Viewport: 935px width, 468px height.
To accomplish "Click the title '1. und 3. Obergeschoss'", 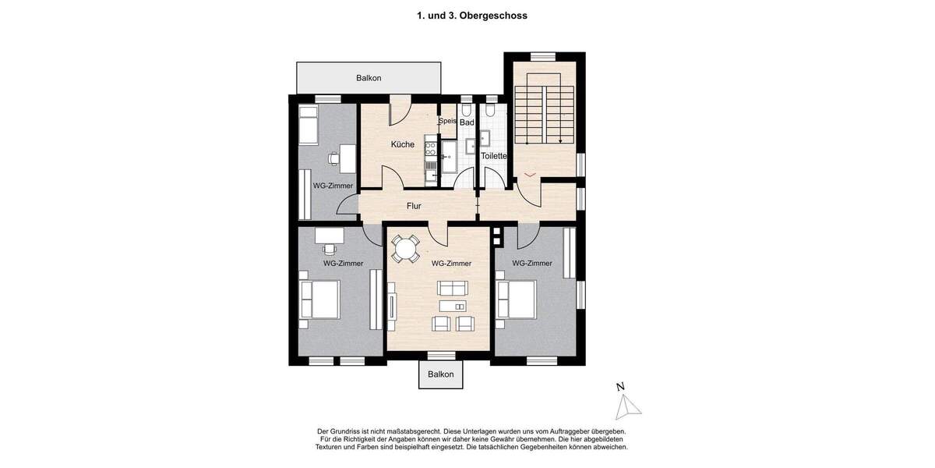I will coord(467,15).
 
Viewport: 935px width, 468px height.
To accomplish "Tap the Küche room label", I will coord(402,144).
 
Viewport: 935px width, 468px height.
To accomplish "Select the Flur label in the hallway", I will coord(414,207).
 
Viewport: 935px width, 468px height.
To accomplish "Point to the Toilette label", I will coord(494,156).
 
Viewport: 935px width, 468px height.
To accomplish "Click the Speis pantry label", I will coord(446,122).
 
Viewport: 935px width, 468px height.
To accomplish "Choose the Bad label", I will coord(467,122).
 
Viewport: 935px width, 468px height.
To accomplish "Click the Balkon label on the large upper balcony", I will coord(369,78).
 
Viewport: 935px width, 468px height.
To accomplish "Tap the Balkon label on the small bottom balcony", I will coord(440,374).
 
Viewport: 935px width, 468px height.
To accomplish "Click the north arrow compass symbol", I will coord(626,402).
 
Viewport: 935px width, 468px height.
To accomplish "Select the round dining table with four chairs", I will coord(405,249).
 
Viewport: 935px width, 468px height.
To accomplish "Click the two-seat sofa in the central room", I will coord(453,287).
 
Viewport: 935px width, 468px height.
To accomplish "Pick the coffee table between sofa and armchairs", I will coord(453,306).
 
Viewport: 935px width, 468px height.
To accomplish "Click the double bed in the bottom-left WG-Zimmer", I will coord(319,299).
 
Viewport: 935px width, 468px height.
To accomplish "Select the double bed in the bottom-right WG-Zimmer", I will coord(516,300).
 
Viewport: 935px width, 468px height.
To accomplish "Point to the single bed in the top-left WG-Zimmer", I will coord(309,125).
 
